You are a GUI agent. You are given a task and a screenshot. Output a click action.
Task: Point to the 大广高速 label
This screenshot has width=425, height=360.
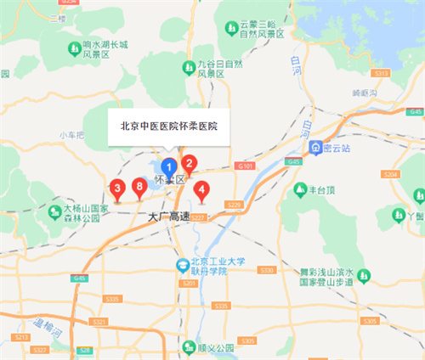coord(168,217)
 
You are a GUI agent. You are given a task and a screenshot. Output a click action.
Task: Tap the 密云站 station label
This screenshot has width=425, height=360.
coord(340,147)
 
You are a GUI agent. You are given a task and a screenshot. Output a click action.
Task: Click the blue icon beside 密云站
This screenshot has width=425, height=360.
coord(314,147)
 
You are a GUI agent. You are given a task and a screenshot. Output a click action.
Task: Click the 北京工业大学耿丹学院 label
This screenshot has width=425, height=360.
coord(209,266)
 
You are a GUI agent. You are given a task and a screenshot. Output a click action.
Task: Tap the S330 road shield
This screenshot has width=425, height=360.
coord(267,269)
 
